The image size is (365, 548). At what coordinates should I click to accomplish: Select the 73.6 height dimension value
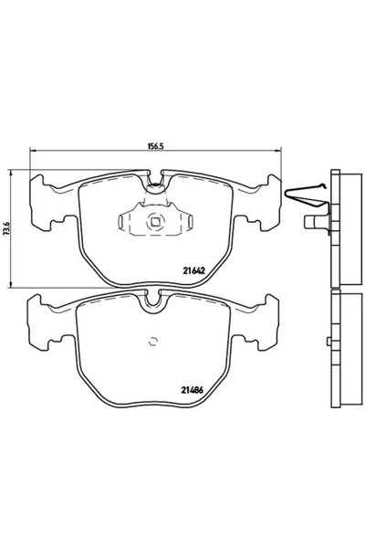click(7, 224)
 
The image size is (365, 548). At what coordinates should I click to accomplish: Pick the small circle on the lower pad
click(153, 342)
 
